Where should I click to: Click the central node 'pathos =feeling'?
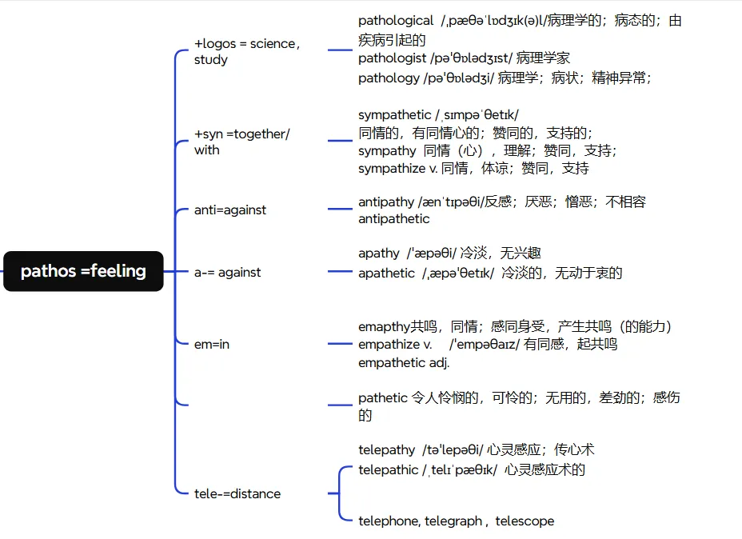(83, 271)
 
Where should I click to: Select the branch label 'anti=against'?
(230, 210)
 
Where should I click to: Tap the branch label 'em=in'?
(212, 345)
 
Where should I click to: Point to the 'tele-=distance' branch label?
(237, 493)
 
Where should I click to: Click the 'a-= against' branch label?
(228, 272)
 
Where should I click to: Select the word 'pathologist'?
(391, 58)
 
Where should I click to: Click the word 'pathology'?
(388, 78)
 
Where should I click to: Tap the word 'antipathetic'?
(394, 218)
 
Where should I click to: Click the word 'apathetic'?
(386, 273)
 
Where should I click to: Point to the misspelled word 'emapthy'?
(384, 326)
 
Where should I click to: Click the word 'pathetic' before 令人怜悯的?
(382, 397)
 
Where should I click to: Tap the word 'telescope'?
(525, 521)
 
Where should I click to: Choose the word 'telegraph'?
(453, 521)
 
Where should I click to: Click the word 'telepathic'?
(388, 469)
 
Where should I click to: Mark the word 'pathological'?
(396, 21)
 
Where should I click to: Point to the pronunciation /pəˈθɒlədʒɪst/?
(470, 58)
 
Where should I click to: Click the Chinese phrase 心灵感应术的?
(545, 469)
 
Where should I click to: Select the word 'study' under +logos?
(211, 60)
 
